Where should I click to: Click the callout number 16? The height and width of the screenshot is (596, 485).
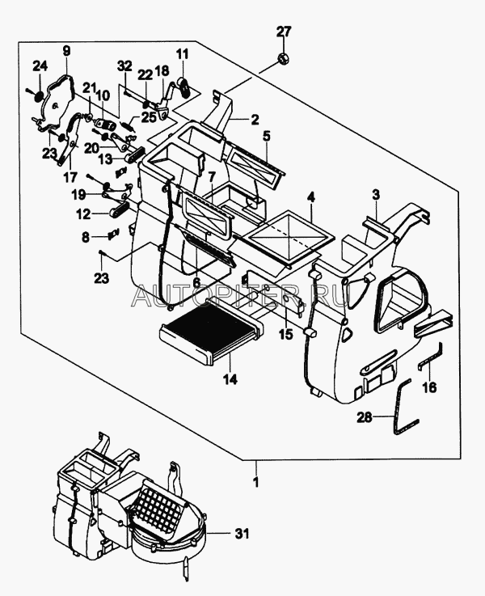[429, 387]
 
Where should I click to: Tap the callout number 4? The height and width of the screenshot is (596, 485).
[311, 197]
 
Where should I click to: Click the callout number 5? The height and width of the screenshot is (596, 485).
[266, 136]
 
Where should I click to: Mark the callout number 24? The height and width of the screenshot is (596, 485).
[39, 66]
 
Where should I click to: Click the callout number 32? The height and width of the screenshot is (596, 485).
[124, 65]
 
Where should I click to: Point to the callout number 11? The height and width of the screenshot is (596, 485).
[182, 55]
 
